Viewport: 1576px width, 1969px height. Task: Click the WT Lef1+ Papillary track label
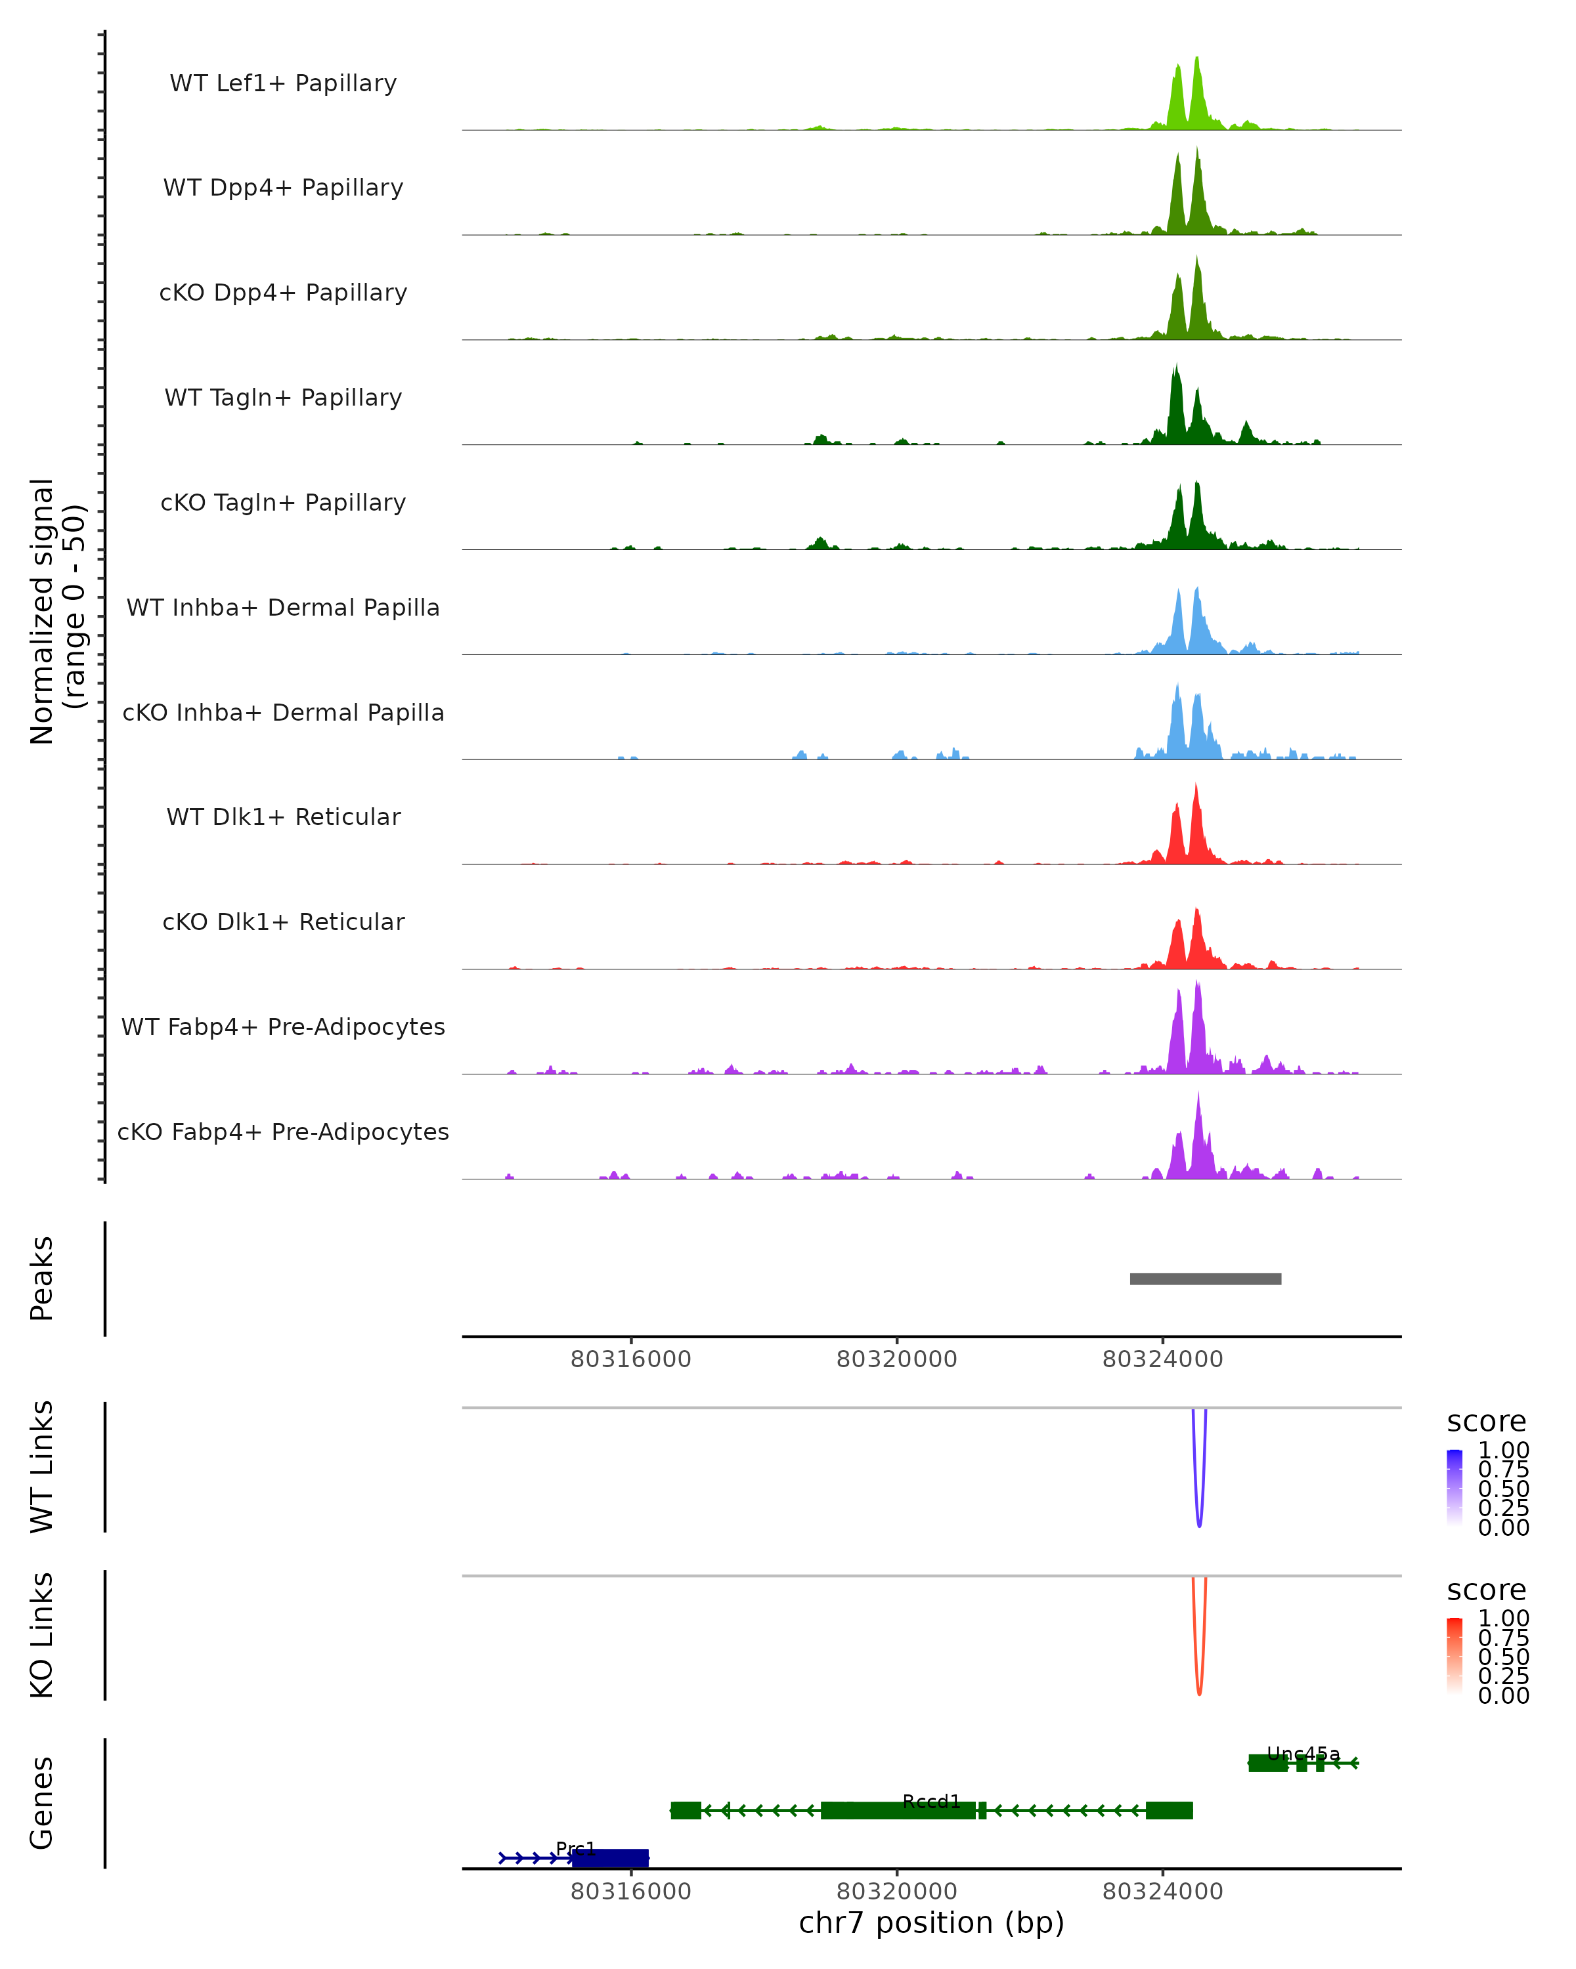pos(283,83)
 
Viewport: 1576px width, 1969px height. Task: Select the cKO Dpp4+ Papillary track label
pos(283,293)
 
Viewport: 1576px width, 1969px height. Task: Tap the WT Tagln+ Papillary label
pos(283,398)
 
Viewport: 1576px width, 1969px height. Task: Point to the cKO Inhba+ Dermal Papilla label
pos(283,713)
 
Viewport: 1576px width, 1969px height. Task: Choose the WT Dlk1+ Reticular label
pos(283,817)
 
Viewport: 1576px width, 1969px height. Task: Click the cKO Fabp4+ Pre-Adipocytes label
pos(283,1132)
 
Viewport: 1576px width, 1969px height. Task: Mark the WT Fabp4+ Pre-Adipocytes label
pos(283,1027)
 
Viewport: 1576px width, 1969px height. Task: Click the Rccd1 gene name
pos(931,1802)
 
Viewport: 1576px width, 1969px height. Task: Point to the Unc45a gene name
pos(1303,1754)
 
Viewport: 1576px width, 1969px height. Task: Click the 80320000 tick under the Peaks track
pos(896,1360)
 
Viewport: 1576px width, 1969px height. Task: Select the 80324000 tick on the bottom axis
pos(1162,1892)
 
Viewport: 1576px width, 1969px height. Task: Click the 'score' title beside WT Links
pos(1487,1423)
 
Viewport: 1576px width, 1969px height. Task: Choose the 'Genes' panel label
pos(42,1803)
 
